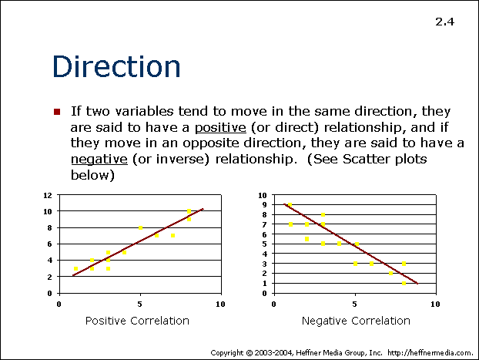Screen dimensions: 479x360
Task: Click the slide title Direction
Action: pyautogui.click(x=116, y=66)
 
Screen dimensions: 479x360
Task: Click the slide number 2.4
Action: pyautogui.click(x=445, y=22)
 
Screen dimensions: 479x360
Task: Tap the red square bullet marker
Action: pyautogui.click(x=57, y=112)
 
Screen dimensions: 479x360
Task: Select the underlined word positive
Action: pyautogui.click(x=220, y=127)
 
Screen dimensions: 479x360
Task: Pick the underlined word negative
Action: pyautogui.click(x=99, y=160)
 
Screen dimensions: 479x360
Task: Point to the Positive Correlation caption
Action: pyautogui.click(x=137, y=321)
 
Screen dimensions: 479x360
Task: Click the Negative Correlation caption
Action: pyautogui.click(x=356, y=321)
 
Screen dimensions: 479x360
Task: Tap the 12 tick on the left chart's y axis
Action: pyautogui.click(x=48, y=195)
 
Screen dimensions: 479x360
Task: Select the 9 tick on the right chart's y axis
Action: pyautogui.click(x=265, y=205)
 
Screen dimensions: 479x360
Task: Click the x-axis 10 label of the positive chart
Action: pyautogui.click(x=220, y=304)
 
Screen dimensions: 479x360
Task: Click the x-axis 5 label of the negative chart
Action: pyautogui.click(x=354, y=304)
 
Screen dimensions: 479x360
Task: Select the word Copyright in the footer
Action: pyautogui.click(x=227, y=353)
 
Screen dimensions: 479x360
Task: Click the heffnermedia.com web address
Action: pyautogui.click(x=430, y=353)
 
